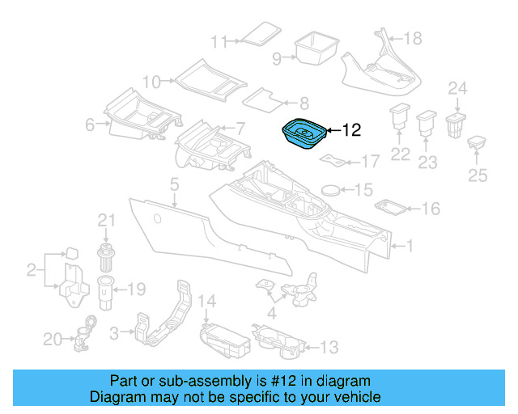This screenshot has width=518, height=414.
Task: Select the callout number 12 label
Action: (353, 129)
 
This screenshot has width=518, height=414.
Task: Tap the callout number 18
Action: (413, 38)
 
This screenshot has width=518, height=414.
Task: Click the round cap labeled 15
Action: (333, 191)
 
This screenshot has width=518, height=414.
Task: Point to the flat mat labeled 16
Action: (393, 209)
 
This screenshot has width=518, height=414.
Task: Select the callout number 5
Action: (173, 187)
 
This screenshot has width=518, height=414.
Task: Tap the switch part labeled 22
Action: (400, 117)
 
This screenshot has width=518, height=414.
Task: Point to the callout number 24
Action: (458, 87)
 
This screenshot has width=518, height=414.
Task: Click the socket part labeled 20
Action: (85, 334)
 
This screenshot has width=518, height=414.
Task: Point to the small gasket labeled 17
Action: (333, 158)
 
